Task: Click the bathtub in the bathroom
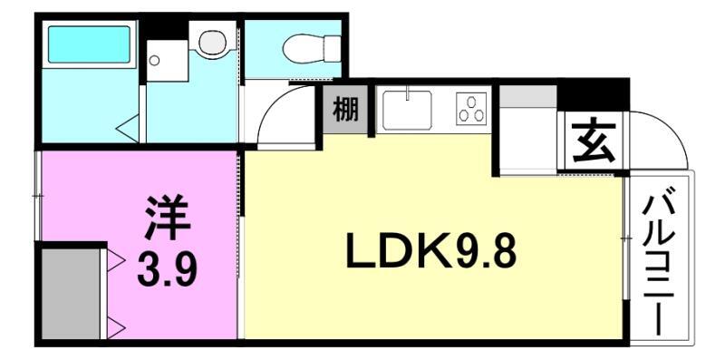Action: [89, 44]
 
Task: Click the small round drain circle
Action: [154, 62]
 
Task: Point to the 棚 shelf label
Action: [344, 111]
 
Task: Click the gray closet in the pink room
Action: [72, 290]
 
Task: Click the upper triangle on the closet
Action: [116, 261]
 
